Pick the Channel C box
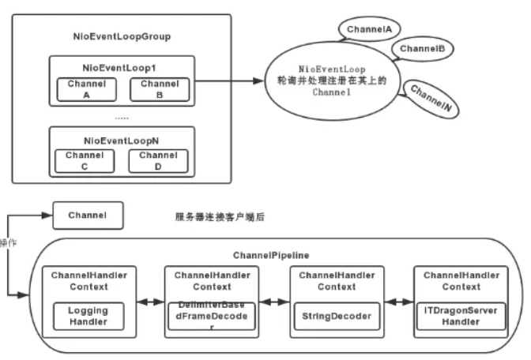pos(83,161)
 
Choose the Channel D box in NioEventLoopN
pos(158,161)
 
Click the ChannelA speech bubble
pos(369,30)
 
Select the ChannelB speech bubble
pos(421,49)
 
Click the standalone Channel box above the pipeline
pos(87,214)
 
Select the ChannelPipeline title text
pos(271,256)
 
